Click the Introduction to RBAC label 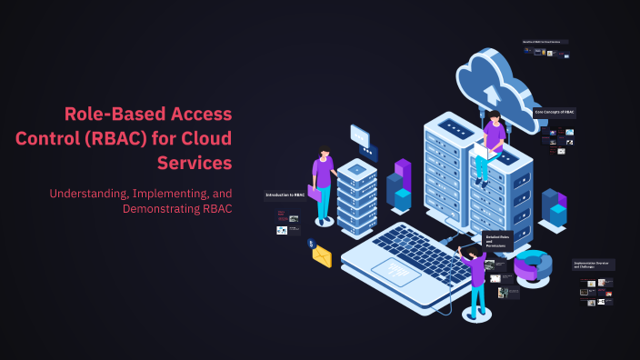point(285,195)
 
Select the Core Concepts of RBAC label point(555,113)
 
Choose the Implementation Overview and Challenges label point(594,265)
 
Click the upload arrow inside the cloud point(492,92)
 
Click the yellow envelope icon point(322,256)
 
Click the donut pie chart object point(533,265)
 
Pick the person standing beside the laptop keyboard point(474,276)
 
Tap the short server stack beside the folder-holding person point(357,196)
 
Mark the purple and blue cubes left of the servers point(399,186)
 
